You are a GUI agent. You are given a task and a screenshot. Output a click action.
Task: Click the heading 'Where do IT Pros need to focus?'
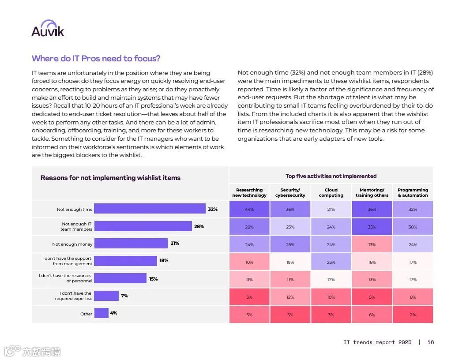[x=96, y=59]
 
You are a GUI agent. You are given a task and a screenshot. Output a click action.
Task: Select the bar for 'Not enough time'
[x=150, y=209]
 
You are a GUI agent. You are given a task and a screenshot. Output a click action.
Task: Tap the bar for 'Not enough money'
[x=131, y=244]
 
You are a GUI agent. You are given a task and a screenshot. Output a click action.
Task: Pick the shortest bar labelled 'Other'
[x=101, y=313]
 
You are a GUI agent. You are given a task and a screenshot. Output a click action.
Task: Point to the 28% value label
[x=199, y=226]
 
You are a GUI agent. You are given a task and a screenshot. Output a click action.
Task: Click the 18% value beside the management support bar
[x=164, y=261]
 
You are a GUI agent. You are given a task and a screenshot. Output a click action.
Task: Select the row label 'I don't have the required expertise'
[x=73, y=296]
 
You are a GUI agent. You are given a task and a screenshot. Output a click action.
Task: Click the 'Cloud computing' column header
[x=331, y=193]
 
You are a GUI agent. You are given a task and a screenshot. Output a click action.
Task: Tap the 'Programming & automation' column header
[x=413, y=193]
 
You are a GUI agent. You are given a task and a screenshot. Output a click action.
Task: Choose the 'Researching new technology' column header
[x=249, y=193]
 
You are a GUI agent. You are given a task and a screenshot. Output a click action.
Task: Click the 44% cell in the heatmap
[x=249, y=210]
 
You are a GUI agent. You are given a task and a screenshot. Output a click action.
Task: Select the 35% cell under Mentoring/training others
[x=372, y=227]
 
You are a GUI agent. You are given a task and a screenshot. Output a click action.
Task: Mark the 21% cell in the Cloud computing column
[x=331, y=210]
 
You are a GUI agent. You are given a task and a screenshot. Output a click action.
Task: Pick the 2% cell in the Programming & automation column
[x=413, y=315]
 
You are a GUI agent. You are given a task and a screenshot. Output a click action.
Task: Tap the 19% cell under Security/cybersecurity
[x=290, y=262]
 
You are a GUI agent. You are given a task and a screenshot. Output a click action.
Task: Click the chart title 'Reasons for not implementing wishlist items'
[x=110, y=178]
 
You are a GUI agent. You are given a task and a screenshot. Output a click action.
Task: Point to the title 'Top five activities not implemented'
[x=331, y=176]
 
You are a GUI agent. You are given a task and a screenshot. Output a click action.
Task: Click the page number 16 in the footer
[x=430, y=342]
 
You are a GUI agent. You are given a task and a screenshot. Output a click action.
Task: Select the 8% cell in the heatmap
[x=413, y=297]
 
